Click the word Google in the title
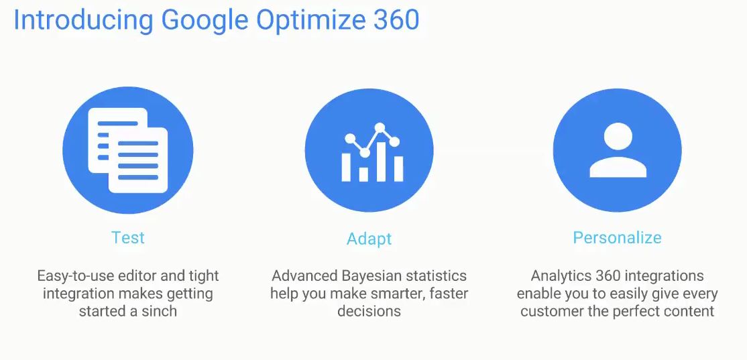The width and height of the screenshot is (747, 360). point(205,21)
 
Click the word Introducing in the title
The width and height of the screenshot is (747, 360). point(83,21)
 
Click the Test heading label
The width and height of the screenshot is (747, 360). point(127,237)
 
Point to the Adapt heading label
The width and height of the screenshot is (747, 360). point(369,239)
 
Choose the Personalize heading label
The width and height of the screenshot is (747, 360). point(617,237)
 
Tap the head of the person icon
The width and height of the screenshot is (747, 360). point(618,136)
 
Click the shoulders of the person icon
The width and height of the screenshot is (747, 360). point(618,167)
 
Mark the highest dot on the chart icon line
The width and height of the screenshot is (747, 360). point(380,127)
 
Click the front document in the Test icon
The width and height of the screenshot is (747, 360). point(138,160)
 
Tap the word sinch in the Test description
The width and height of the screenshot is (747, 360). point(160,312)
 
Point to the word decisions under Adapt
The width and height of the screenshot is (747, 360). point(369,312)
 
